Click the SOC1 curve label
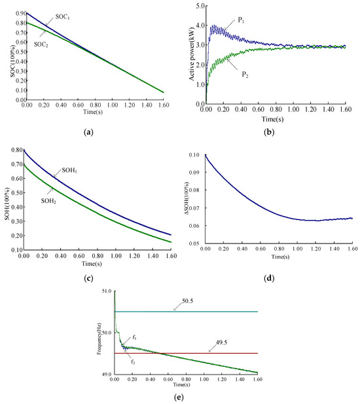[x=63, y=17]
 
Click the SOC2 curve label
[x=41, y=45]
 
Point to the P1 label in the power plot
[x=241, y=20]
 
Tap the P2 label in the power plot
[x=245, y=75]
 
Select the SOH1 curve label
[x=69, y=170]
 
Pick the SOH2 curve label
[x=48, y=201]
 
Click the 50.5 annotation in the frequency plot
[x=188, y=301]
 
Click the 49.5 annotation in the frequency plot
[x=221, y=342]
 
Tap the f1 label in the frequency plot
[x=134, y=337]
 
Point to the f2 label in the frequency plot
[x=133, y=362]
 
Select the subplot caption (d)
[x=269, y=278]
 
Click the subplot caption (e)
[x=179, y=397]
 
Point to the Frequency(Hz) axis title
[x=99, y=339]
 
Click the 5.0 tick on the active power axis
[x=200, y=6]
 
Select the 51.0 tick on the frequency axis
[x=107, y=291]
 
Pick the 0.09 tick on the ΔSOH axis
[x=194, y=172]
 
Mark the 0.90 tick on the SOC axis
[x=21, y=13]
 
